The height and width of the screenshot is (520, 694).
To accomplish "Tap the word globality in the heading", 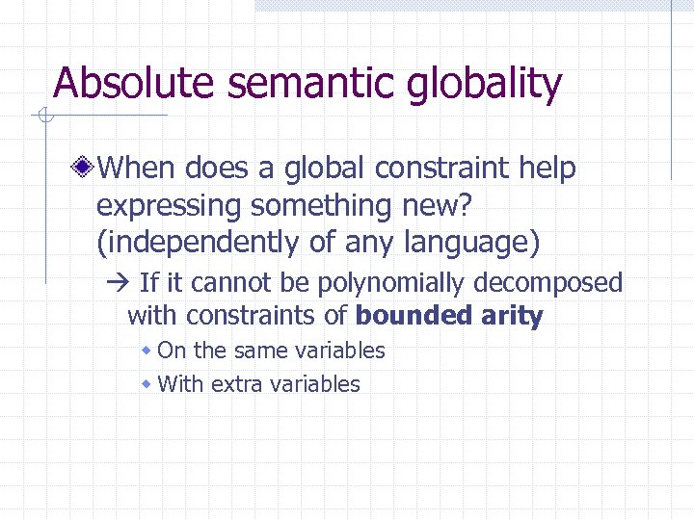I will pyautogui.click(x=485, y=86).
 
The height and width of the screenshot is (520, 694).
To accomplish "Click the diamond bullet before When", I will pyautogui.click(x=86, y=169).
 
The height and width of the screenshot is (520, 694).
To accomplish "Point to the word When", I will pyautogui.click(x=136, y=169).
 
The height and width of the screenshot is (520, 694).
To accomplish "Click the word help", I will pyautogui.click(x=547, y=169).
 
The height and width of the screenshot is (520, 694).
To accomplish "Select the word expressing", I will pyautogui.click(x=169, y=206).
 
